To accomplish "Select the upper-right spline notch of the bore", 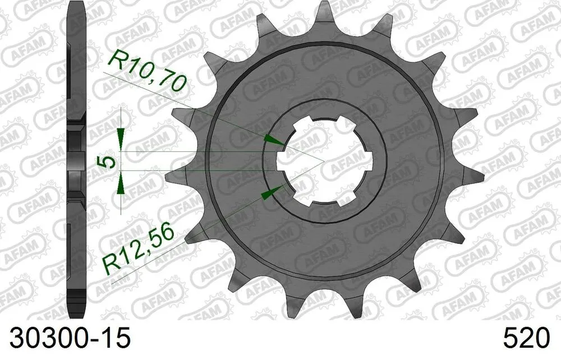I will [x=348, y=123].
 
